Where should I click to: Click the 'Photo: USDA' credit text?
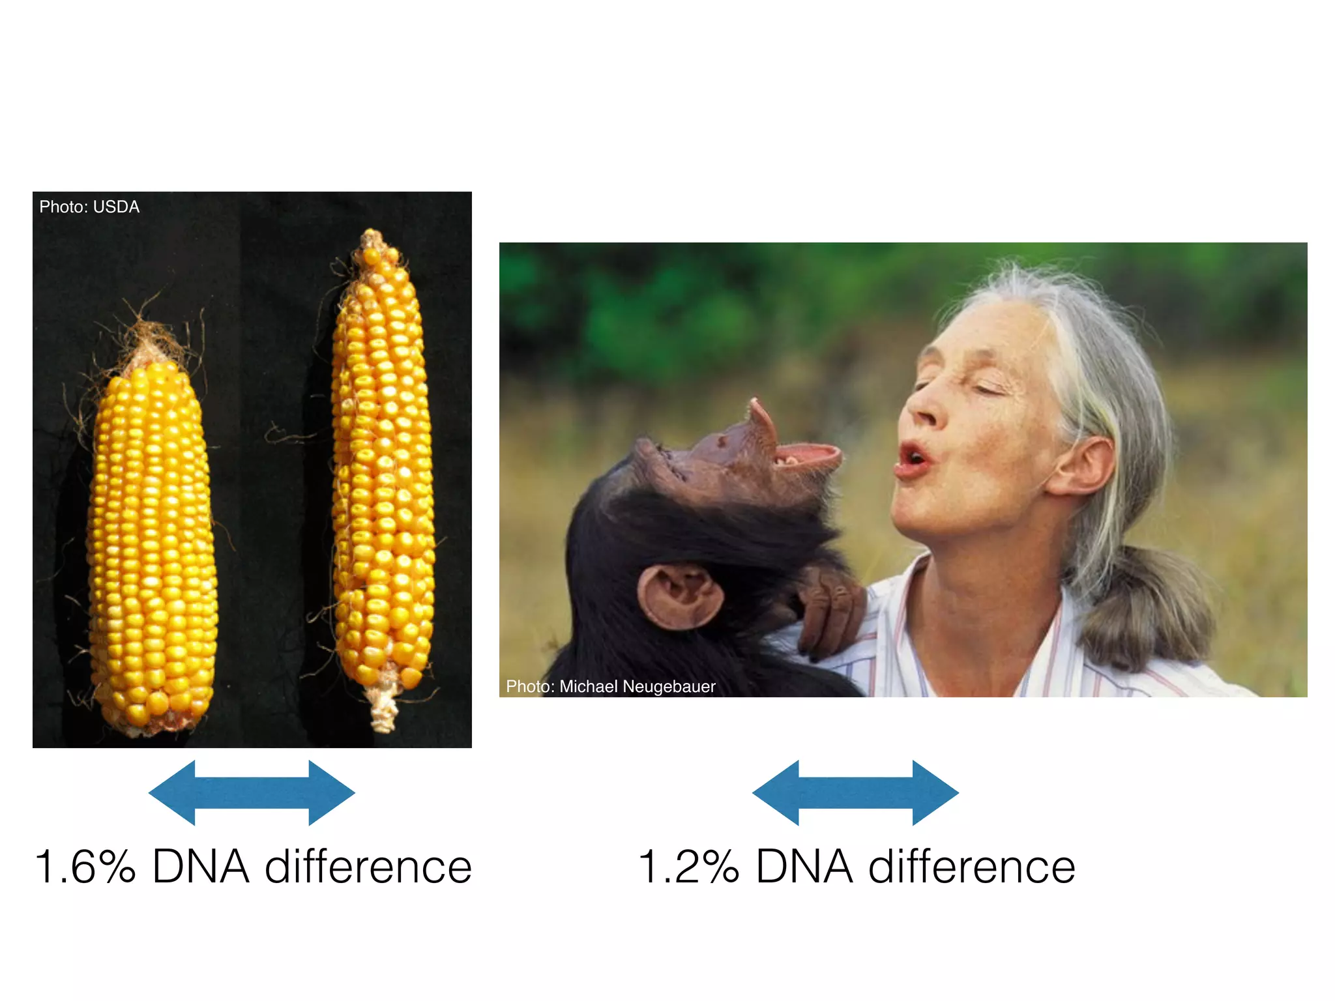[x=89, y=207]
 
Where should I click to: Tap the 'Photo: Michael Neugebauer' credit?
[x=610, y=686]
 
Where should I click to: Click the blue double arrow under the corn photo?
[x=252, y=792]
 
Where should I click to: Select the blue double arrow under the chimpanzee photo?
[x=855, y=792]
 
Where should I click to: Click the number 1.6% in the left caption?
[x=85, y=867]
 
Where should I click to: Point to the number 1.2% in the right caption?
[x=688, y=867]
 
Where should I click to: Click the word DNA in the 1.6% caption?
[x=201, y=867]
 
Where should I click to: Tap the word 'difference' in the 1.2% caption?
[x=971, y=867]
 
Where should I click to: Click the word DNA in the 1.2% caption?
[x=804, y=867]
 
